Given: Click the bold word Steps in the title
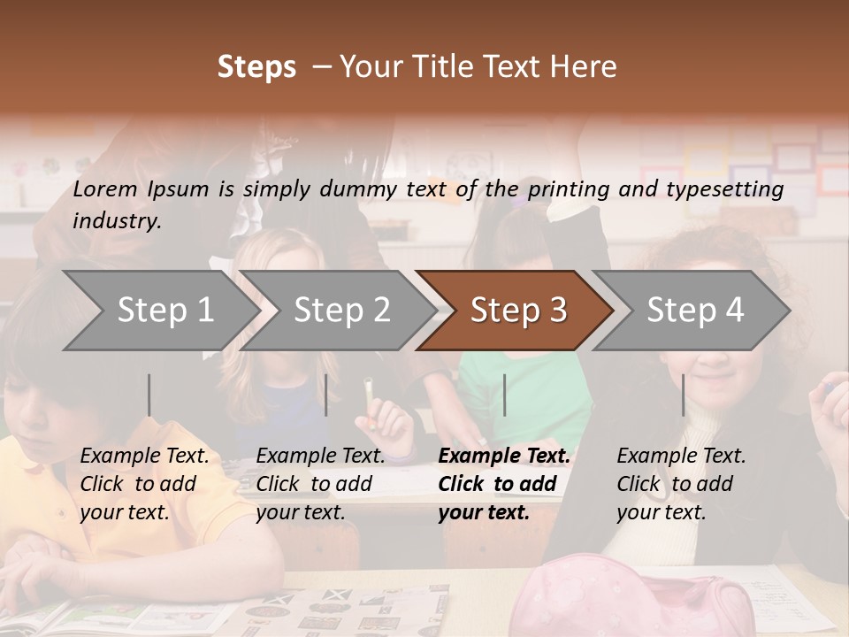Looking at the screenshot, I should pyautogui.click(x=256, y=67).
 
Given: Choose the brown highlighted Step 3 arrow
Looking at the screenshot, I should pyautogui.click(x=518, y=311).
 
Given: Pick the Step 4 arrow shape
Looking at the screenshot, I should pyautogui.click(x=695, y=311).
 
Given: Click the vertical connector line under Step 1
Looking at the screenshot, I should pyautogui.click(x=149, y=395).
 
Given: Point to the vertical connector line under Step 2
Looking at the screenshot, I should pyautogui.click(x=326, y=395).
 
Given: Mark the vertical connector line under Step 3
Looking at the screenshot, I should pyautogui.click(x=505, y=395).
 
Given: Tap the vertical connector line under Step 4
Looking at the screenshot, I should pyautogui.click(x=684, y=395).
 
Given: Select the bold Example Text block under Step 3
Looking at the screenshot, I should pyautogui.click(x=504, y=484).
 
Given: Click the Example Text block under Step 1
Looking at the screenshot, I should pyautogui.click(x=144, y=484).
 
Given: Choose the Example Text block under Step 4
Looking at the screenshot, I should pyautogui.click(x=681, y=484).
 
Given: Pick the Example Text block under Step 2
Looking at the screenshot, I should pyautogui.click(x=320, y=484).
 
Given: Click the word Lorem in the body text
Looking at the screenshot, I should pyautogui.click(x=105, y=188).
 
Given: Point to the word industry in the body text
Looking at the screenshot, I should pyautogui.click(x=117, y=221).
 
